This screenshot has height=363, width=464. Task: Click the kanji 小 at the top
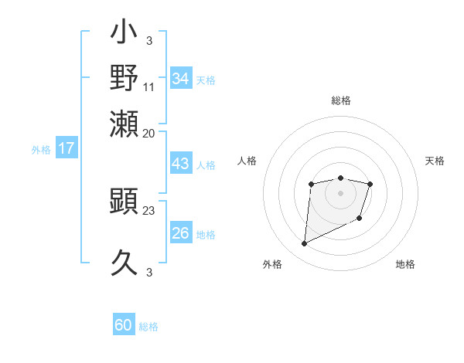125,36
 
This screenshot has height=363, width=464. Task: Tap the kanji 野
125,78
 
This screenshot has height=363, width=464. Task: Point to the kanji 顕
125,203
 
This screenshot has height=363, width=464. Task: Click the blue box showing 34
180,79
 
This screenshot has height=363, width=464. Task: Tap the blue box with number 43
180,164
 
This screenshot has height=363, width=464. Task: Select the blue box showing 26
180,233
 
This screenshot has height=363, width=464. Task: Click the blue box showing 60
124,325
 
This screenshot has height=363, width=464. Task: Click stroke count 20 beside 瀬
149,132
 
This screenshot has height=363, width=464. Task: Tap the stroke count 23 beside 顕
149,210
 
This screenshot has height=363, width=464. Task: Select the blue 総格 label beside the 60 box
148,327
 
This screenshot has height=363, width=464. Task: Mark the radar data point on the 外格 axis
304,244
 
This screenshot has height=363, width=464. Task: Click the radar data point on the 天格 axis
370,184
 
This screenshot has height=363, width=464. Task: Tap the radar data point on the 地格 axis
360,220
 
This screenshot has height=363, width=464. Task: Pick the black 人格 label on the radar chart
247,161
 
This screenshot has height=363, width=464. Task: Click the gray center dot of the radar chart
340,192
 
